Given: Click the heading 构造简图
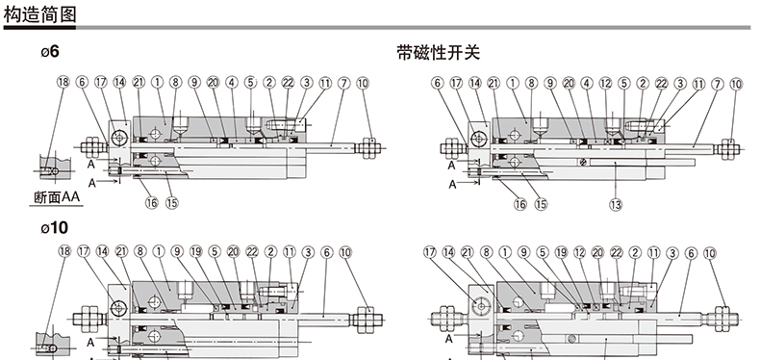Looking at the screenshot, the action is click(x=39, y=13).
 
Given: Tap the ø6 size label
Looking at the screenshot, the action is click(x=50, y=51).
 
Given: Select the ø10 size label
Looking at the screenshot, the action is click(x=54, y=227).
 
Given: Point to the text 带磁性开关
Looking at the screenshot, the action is click(x=438, y=52).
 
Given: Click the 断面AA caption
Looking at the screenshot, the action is click(x=57, y=197).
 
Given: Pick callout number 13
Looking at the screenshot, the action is click(x=616, y=204).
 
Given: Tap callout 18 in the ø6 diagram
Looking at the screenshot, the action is click(x=63, y=82).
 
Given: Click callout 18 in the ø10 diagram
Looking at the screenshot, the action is click(x=64, y=251).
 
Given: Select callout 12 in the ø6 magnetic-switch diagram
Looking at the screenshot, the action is click(x=606, y=84).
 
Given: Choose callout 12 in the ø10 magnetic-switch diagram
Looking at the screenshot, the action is click(x=580, y=252).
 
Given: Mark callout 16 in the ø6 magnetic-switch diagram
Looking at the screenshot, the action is click(x=520, y=204).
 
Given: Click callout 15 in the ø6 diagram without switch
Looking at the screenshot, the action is click(x=172, y=202).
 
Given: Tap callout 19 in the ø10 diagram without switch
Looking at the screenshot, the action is click(x=196, y=251).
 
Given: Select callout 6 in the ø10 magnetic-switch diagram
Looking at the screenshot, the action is click(x=691, y=253).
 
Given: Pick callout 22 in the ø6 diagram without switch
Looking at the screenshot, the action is click(x=288, y=83).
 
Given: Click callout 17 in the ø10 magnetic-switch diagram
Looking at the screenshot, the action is click(x=430, y=252).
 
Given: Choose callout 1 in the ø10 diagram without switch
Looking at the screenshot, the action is click(x=159, y=251).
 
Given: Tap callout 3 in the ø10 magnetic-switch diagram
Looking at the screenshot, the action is click(x=671, y=253).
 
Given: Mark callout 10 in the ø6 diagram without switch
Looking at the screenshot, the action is click(x=363, y=83).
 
